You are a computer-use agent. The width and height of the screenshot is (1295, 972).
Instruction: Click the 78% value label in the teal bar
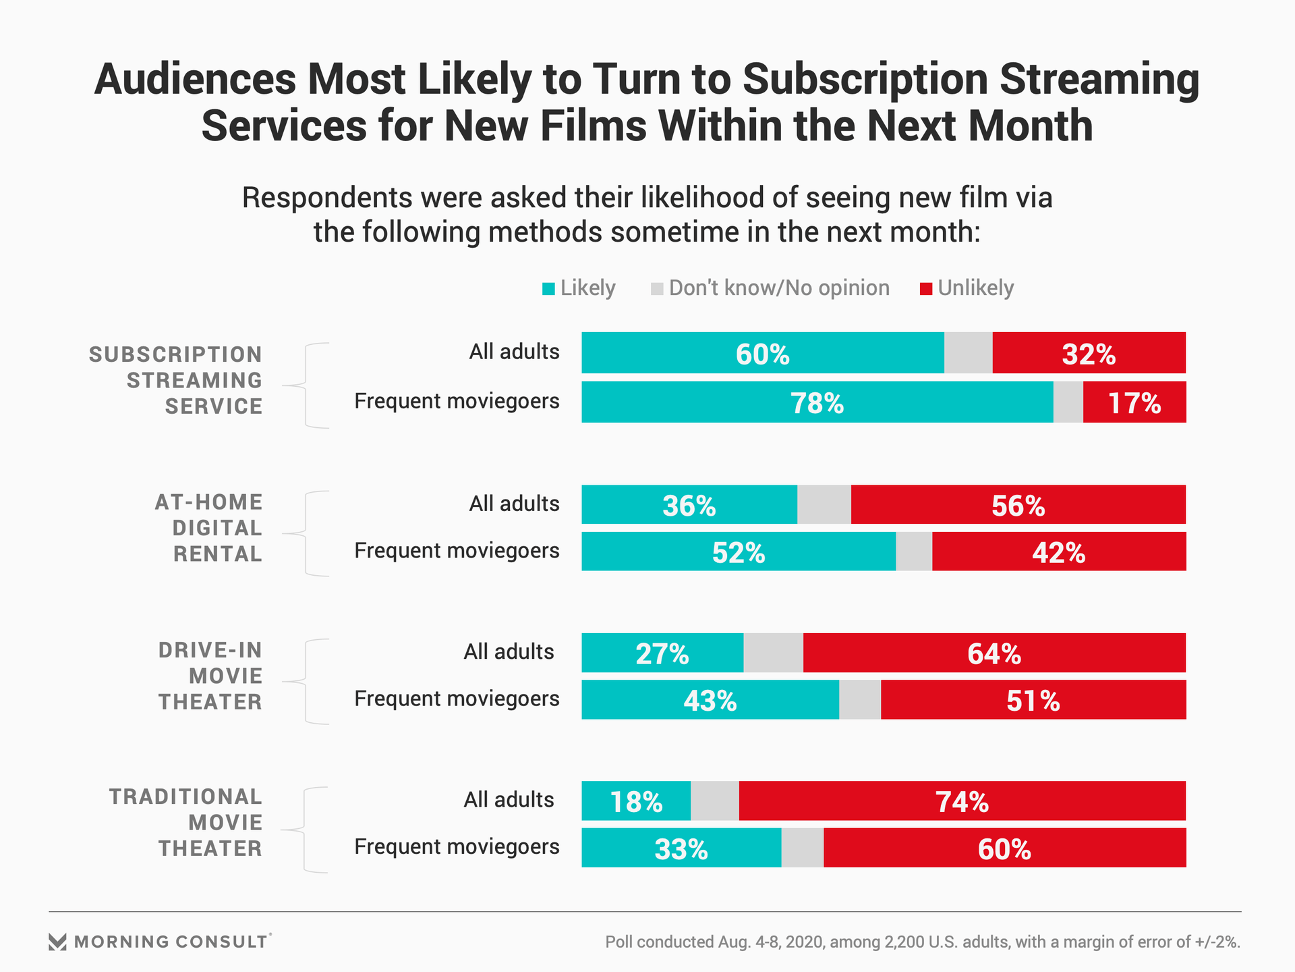[x=817, y=404]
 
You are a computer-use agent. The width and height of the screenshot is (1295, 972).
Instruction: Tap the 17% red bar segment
[x=1134, y=403]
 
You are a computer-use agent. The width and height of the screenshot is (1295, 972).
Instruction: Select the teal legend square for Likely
[x=548, y=289]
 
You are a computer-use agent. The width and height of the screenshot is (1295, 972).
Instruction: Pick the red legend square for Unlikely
[x=926, y=289]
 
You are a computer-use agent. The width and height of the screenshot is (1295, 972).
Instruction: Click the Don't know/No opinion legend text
[x=779, y=288]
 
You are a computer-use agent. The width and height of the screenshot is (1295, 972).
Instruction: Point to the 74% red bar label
[x=962, y=802]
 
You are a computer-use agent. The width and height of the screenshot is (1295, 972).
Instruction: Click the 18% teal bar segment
[x=636, y=801]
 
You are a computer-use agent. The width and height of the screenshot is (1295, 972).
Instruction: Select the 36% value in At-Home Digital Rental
[x=689, y=506]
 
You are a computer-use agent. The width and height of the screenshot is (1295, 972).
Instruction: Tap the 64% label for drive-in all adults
[x=994, y=653]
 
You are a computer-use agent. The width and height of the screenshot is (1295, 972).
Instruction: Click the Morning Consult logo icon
[x=58, y=942]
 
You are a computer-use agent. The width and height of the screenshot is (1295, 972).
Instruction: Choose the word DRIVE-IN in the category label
[x=210, y=650]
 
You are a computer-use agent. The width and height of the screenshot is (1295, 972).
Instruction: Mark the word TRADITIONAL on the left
[x=185, y=797]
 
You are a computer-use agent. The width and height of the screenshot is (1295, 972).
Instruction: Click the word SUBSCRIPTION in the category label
[x=175, y=354]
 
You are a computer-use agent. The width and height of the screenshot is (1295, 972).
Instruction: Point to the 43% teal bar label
[x=710, y=701]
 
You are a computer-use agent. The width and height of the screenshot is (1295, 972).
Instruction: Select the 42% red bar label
[x=1058, y=553]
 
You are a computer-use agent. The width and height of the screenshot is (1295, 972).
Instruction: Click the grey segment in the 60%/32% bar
[x=968, y=353]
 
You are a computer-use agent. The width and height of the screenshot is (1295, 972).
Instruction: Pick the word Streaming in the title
[x=1099, y=79]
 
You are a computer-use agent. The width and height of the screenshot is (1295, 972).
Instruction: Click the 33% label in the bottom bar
[x=681, y=849]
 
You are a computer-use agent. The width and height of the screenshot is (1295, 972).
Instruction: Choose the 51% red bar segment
[x=1033, y=700]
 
